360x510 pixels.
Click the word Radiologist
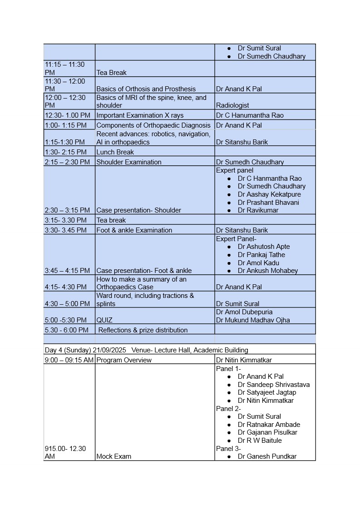pos(232,105)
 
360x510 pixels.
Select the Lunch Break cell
pos(115,152)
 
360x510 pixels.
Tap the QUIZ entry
pos(104,320)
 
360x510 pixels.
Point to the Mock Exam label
pos(113,456)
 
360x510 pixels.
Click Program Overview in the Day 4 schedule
pos(124,360)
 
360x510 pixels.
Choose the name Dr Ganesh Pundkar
pos(267,456)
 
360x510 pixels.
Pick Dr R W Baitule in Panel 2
pos(260,441)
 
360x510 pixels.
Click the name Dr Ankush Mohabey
pos(268,271)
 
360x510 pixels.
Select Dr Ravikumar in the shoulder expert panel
pos(258,210)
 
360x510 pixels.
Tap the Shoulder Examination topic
pos(128,162)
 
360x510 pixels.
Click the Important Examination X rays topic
pos(140,115)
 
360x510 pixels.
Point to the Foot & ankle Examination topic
pos(134,230)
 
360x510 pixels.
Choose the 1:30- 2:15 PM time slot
pos(67,152)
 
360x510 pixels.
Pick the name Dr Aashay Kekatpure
pos(269,194)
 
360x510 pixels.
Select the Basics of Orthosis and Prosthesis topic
pos(146,89)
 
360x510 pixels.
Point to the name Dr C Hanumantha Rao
pos(250,115)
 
